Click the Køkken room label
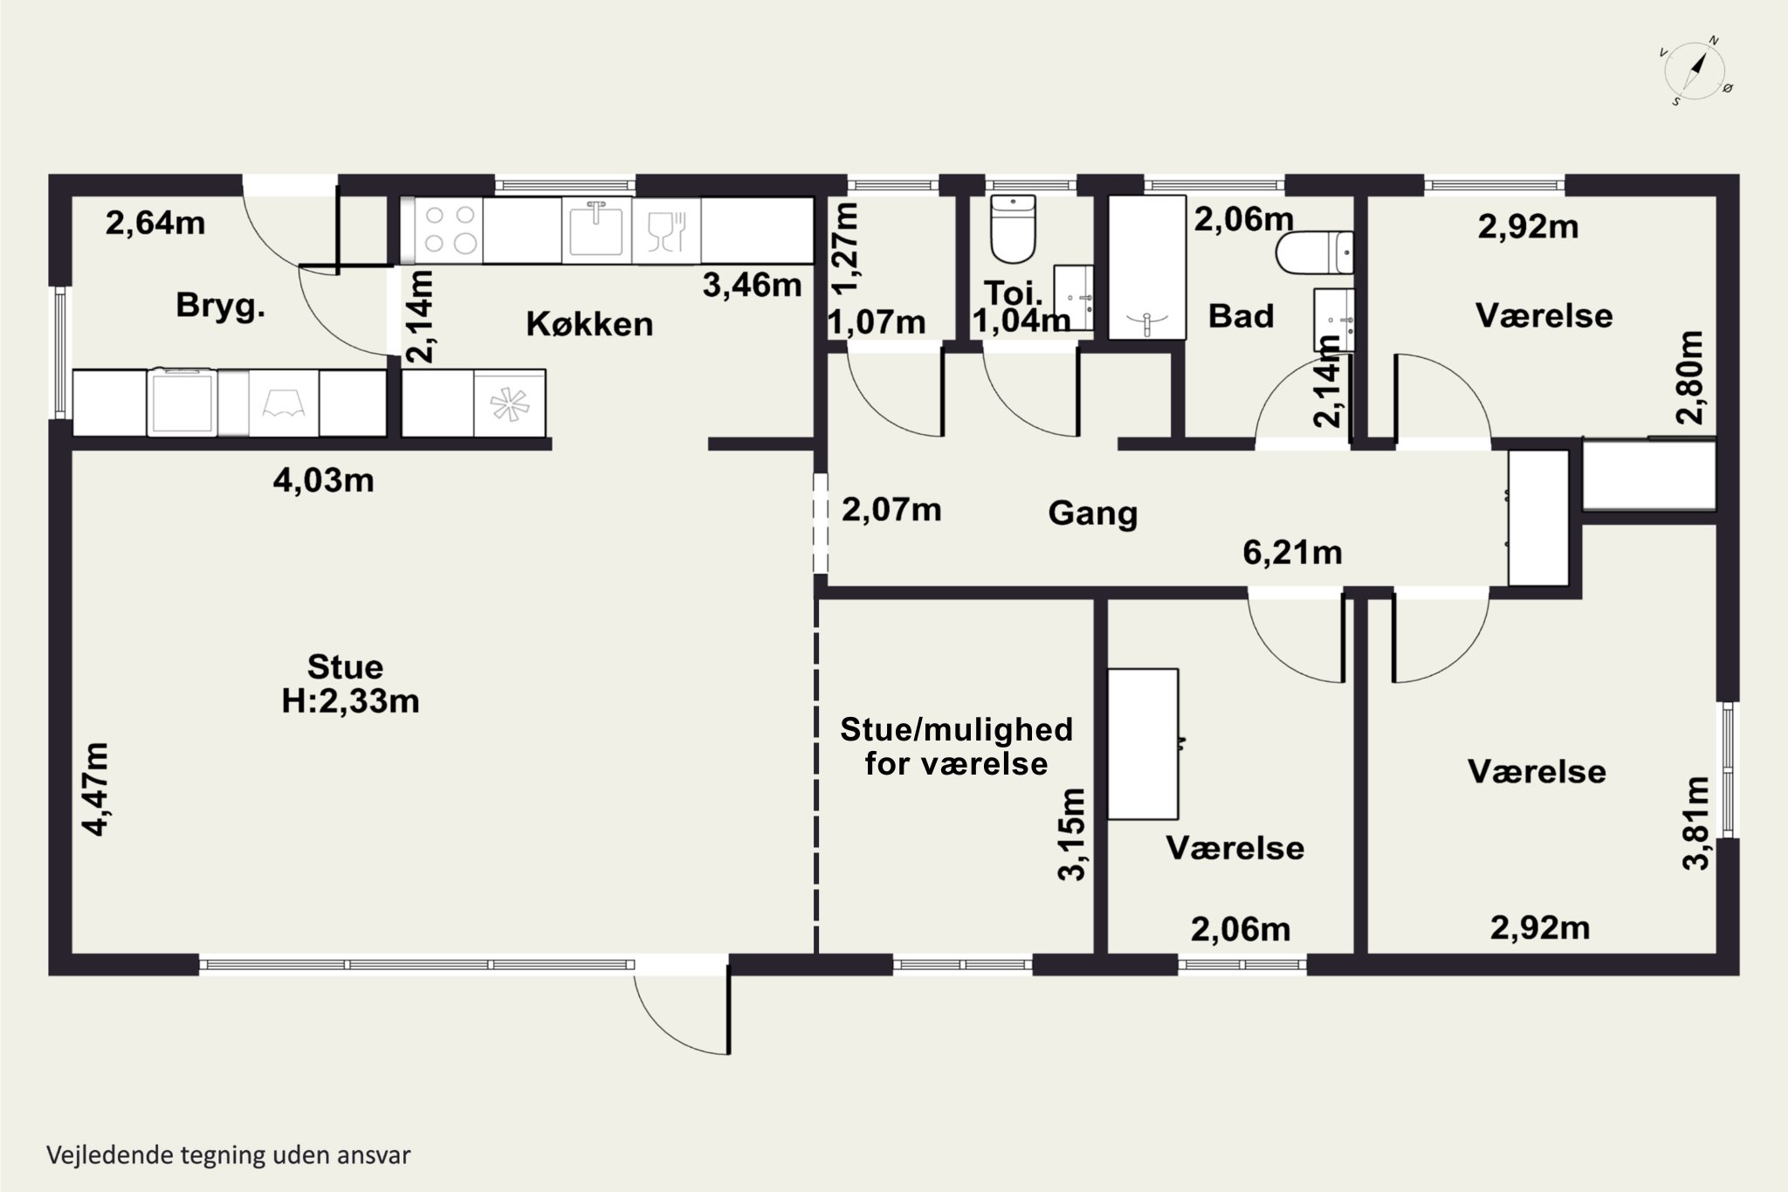point(589,324)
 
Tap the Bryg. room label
point(221,307)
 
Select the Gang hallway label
point(1093,513)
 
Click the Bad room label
point(1241,316)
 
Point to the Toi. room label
point(1013,293)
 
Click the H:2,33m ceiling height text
point(350,701)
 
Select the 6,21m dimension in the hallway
point(1292,553)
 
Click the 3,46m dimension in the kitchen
point(752,285)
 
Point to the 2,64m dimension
point(155,224)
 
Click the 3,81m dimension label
point(1695,823)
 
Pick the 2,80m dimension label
point(1690,377)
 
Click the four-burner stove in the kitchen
point(447,231)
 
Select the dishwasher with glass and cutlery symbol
point(666,231)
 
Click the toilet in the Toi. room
point(1013,229)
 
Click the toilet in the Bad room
point(1314,252)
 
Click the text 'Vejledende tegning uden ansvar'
point(229,1155)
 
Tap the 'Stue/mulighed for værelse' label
point(956,747)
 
